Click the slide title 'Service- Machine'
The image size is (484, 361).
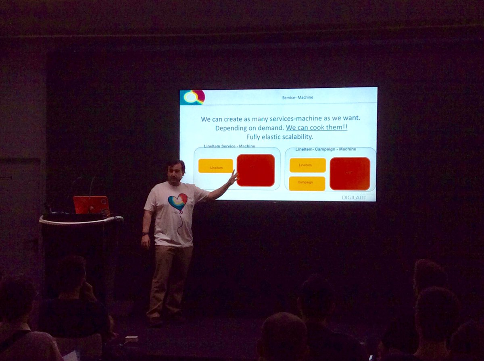[x=298, y=98]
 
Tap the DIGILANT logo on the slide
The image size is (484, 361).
[x=354, y=197]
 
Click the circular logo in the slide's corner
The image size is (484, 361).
[x=193, y=97]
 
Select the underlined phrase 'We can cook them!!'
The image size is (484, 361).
[x=317, y=128]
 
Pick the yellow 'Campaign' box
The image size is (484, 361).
[x=307, y=183]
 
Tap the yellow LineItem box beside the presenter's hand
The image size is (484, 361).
[x=215, y=166]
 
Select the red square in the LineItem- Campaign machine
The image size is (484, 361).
[x=350, y=173]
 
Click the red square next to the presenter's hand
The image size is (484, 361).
[x=256, y=170]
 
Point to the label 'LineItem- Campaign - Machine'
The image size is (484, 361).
[x=325, y=149]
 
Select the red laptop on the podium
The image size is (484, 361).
[x=92, y=205]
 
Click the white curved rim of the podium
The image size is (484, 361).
[x=81, y=220]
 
